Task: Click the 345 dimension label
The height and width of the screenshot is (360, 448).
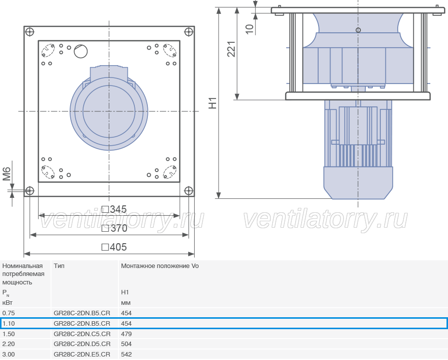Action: [x=114, y=209]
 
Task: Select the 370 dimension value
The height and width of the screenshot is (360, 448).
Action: [x=114, y=228]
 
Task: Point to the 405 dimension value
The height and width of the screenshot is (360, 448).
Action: [x=114, y=247]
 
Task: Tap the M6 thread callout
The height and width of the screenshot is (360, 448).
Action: [x=6, y=174]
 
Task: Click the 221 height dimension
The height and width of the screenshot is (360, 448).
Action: [x=231, y=49]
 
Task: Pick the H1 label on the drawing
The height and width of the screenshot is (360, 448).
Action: [x=213, y=103]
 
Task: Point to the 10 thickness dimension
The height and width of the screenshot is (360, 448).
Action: [x=249, y=29]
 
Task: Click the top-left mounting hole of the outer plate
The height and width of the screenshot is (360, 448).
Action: [x=30, y=32]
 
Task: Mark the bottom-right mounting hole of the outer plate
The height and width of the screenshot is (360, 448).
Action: [x=189, y=190]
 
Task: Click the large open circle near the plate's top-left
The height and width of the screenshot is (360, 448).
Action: [x=81, y=51]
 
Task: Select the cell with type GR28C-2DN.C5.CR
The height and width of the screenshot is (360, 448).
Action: [x=82, y=334]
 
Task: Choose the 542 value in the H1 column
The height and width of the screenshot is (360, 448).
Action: [x=126, y=355]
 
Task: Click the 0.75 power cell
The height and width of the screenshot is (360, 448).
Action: [x=8, y=313]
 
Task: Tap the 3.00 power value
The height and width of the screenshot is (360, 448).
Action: [x=8, y=355]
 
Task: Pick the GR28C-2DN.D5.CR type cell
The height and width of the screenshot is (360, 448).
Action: [x=82, y=344]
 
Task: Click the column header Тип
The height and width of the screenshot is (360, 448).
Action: [x=59, y=266]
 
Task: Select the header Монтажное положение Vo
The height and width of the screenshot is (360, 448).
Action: [x=160, y=266]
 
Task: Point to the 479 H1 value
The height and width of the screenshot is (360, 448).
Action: [x=126, y=334]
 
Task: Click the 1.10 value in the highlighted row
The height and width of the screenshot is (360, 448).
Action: [x=8, y=324]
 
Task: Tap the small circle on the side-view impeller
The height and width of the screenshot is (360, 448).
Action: [x=358, y=30]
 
